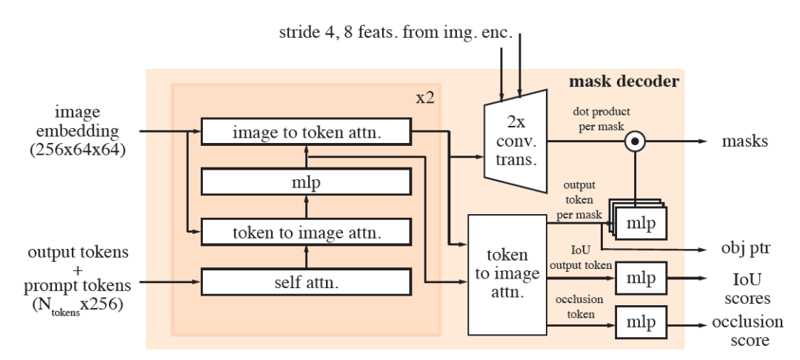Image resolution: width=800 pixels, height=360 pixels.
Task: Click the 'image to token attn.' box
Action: tap(305, 133)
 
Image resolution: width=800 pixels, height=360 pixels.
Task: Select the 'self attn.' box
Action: tap(305, 281)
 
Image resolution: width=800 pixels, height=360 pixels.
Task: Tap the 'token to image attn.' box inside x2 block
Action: tap(305, 233)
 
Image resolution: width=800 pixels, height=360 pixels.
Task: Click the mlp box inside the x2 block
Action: tap(305, 181)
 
